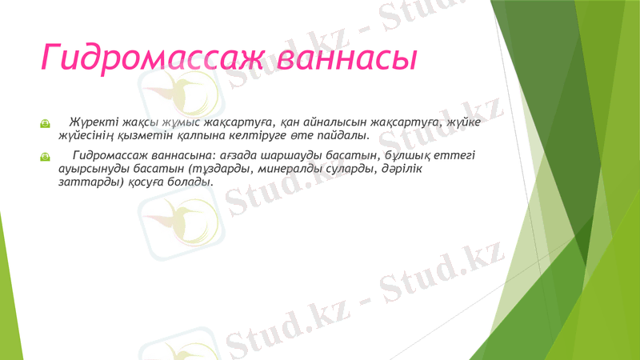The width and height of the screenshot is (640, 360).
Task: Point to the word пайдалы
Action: point(336,136)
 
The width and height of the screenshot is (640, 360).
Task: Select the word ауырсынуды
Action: point(91,169)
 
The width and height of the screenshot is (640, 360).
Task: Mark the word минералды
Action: point(284,169)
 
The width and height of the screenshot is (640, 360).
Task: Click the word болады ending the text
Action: point(194,182)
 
